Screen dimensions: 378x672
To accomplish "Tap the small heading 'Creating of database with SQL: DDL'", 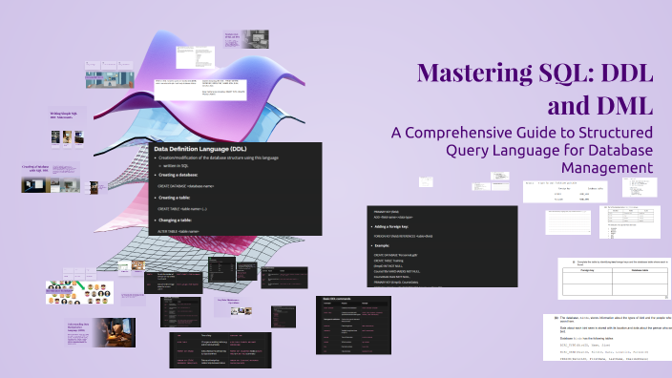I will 34,167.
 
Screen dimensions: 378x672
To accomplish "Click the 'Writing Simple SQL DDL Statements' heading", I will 63,115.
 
